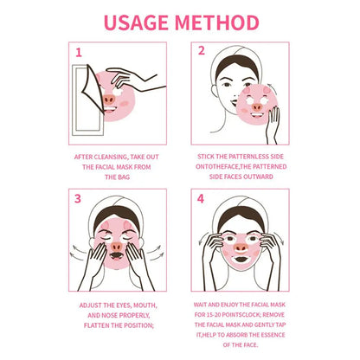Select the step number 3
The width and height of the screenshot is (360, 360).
coord(77,198)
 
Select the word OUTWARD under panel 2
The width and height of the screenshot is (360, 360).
coord(256,177)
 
